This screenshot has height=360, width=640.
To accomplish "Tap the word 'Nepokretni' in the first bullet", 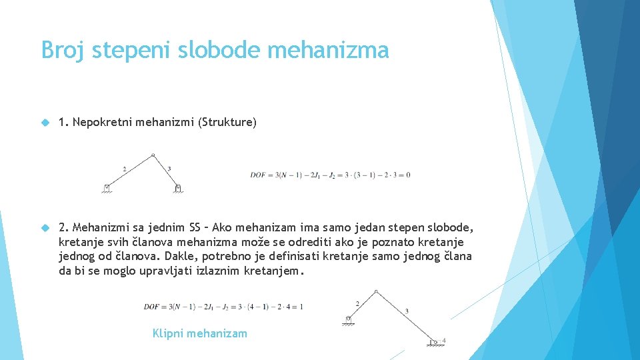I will click(x=102, y=122).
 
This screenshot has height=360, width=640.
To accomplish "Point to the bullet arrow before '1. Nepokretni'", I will click(x=45, y=123).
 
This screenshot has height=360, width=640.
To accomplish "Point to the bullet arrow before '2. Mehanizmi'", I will click(x=45, y=227).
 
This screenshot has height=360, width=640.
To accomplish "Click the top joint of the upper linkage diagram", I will click(x=153, y=155).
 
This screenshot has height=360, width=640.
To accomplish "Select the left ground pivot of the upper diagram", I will click(x=107, y=187).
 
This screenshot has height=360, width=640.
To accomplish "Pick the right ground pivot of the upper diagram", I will click(x=178, y=188).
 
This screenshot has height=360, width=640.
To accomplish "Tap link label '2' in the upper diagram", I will click(x=125, y=169).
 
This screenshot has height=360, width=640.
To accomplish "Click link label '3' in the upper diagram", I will click(x=169, y=169).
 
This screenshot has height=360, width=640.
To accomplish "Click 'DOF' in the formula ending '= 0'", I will click(x=258, y=175).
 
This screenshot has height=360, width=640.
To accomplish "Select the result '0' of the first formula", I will click(x=408, y=175).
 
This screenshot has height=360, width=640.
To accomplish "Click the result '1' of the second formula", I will click(x=301, y=307).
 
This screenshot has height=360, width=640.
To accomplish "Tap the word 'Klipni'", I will click(x=169, y=333).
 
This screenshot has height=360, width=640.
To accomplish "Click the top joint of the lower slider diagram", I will click(x=377, y=291).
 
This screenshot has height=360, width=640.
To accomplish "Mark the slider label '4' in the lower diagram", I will click(x=443, y=341).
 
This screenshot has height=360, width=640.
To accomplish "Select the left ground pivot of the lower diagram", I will click(x=348, y=319).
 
